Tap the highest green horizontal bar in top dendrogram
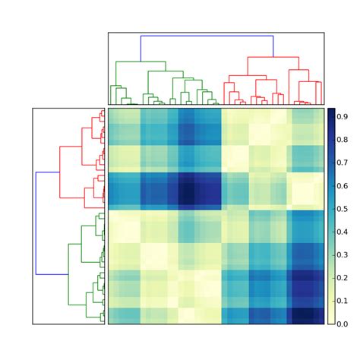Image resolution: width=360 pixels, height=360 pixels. click(x=141, y=62)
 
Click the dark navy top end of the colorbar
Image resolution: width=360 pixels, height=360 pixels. click(x=331, y=111)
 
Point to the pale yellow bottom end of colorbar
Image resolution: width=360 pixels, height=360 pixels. click(x=331, y=321)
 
